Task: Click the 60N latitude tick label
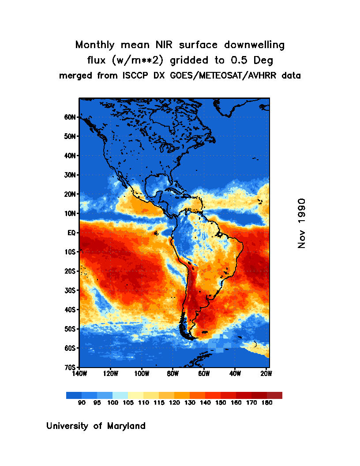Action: pyautogui.click(x=70, y=117)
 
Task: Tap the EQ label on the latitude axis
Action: pyautogui.click(x=72, y=233)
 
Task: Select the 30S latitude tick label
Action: pyautogui.click(x=70, y=290)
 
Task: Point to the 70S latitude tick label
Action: pyautogui.click(x=70, y=367)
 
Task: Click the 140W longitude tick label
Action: pyautogui.click(x=79, y=373)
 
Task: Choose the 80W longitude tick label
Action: pyautogui.click(x=172, y=373)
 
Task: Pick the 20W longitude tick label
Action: pyautogui.click(x=266, y=373)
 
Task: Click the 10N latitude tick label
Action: pyautogui.click(x=70, y=214)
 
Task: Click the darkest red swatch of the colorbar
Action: pyautogui.click(x=274, y=395)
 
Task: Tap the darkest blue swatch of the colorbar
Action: pyautogui.click(x=74, y=395)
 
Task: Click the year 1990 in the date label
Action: pyautogui.click(x=302, y=212)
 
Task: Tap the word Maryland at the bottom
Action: pyautogui.click(x=124, y=426)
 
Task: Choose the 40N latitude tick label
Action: pyautogui.click(x=70, y=156)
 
